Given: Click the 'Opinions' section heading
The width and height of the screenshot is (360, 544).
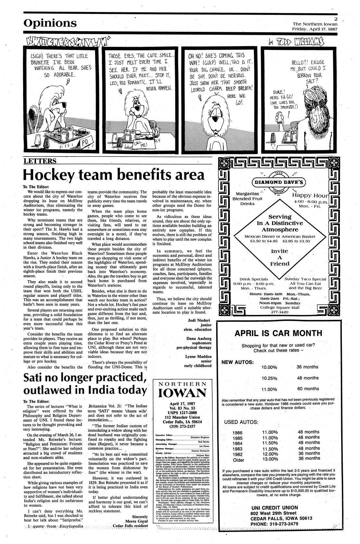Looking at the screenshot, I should pos(50,23).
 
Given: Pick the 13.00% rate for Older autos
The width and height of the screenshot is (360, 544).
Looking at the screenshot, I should pos(270,459).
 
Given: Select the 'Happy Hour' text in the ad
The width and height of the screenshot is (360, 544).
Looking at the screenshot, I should pos(310,195).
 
